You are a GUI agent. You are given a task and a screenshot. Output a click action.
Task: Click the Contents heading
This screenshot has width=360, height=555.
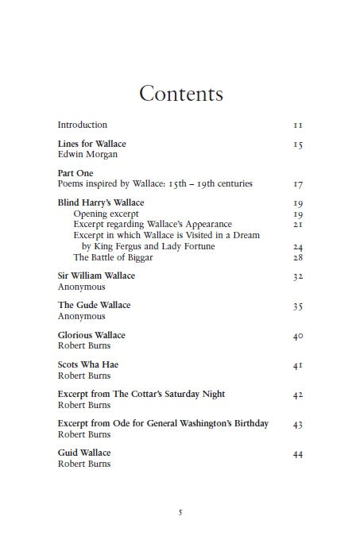180,94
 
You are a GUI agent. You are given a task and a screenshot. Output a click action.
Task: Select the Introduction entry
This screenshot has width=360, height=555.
82,125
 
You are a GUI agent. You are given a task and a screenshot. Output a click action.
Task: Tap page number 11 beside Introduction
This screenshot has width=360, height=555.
298,125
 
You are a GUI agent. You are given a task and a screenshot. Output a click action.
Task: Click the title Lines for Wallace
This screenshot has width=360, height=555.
91,144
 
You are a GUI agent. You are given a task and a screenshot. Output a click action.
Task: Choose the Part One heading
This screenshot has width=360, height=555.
75,172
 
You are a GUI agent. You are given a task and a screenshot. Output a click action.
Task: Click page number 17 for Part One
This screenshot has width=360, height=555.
298,184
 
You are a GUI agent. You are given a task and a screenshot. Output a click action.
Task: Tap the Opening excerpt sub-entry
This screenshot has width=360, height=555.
106,214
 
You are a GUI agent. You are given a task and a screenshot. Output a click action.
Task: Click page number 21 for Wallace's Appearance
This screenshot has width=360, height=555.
298,225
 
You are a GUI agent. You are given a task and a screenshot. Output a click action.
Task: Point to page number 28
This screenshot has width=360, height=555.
298,257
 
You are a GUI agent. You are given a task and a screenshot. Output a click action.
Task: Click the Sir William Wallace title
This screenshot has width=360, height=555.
96,276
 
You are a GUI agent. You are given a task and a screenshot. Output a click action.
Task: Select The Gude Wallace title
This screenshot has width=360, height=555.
94,305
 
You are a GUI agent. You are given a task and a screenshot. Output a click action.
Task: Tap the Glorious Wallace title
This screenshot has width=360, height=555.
91,335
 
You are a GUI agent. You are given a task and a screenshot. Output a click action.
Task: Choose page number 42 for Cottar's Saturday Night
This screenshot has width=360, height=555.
298,395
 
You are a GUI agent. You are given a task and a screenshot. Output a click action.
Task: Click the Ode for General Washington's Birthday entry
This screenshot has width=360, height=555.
163,423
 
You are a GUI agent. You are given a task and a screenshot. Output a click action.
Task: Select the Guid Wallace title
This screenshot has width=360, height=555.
84,453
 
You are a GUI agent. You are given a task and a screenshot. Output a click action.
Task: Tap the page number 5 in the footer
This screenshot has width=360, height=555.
180,512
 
